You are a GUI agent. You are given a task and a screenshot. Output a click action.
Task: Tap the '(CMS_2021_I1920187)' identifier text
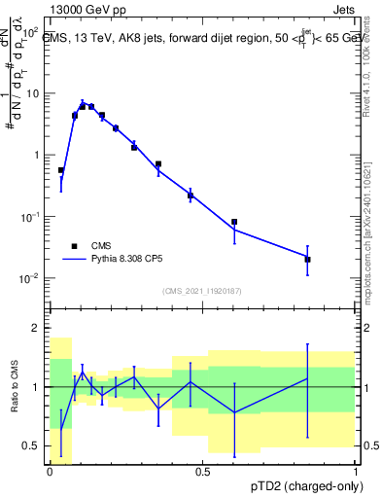tap(202, 291)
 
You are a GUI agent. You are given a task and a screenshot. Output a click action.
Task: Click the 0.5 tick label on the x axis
tap(202, 471)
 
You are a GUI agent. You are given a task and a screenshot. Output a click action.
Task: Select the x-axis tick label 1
tap(355, 471)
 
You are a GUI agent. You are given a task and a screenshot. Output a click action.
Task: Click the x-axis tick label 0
tap(50, 471)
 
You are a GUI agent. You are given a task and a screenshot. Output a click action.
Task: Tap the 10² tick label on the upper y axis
tap(31, 32)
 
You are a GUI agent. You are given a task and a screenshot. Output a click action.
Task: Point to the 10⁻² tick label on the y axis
tap(31, 278)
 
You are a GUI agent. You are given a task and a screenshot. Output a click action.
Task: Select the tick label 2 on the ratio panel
tap(37, 329)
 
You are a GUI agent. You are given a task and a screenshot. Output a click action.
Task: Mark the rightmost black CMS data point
tap(307, 260)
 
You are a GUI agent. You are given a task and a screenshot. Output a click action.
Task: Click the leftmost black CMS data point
tap(61, 170)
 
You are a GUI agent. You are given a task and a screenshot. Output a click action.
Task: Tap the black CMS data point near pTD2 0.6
tap(234, 222)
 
